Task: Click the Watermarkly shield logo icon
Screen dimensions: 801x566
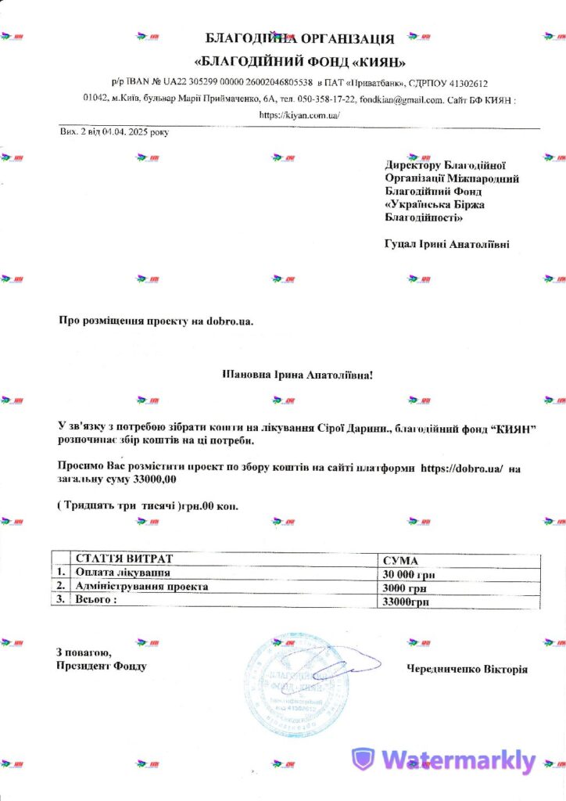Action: (x=363, y=760)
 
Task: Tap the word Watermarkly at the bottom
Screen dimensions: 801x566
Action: (x=458, y=760)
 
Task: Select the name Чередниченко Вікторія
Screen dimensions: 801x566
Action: (x=467, y=669)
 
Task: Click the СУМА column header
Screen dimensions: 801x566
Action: (x=400, y=561)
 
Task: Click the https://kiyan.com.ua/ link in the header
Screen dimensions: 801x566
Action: (x=299, y=115)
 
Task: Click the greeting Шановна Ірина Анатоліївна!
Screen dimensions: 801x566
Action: (x=298, y=375)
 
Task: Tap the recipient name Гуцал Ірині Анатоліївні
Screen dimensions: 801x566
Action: (x=446, y=245)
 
